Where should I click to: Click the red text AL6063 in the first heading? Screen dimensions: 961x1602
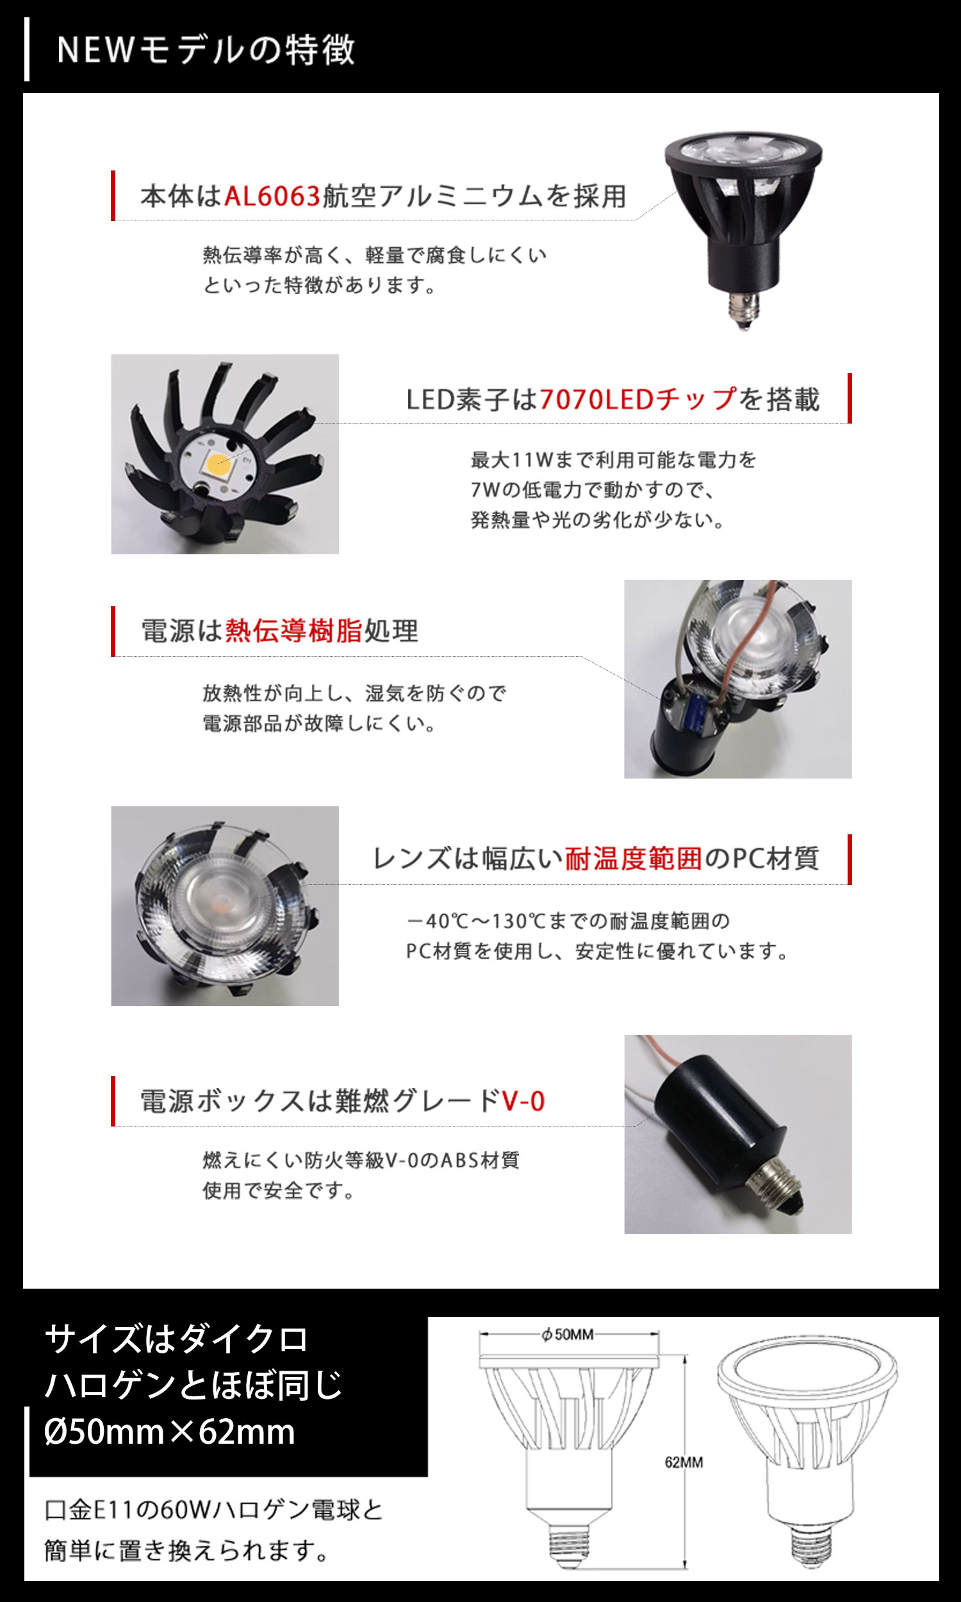pos(273,195)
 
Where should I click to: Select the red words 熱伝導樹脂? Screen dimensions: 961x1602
pos(293,630)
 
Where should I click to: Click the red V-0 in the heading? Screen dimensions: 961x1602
pos(523,1101)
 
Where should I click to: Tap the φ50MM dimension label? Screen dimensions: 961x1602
pos(568,1335)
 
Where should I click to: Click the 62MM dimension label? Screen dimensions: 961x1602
pos(684,1462)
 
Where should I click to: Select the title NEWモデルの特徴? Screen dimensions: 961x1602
pos(206,50)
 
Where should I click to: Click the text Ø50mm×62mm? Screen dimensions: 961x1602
pos(170,1432)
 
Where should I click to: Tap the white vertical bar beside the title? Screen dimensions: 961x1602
pos(26,49)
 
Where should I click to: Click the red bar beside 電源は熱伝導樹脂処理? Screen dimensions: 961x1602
pos(113,631)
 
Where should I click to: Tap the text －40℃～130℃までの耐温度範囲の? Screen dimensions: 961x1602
pos(567,920)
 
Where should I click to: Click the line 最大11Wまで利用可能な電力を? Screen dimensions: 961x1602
pos(613,459)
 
